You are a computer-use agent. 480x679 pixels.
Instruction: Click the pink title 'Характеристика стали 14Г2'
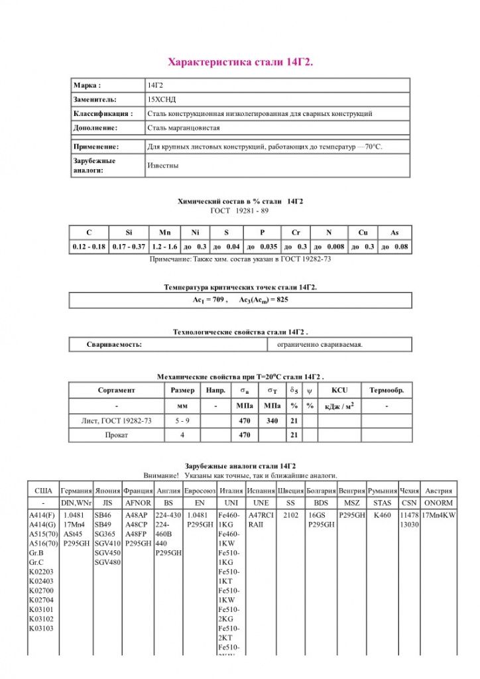240,62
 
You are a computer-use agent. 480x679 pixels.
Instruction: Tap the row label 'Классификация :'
103,113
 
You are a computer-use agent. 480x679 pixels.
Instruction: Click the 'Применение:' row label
96,147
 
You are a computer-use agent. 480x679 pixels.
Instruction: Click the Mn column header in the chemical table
164,233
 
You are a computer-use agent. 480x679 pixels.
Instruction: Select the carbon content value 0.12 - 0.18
89,247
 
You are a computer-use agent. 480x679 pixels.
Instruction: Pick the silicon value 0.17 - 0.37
129,247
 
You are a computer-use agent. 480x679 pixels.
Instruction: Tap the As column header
394,233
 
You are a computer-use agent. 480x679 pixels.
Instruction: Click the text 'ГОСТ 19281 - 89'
240,210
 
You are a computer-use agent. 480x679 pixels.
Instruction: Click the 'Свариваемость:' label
114,345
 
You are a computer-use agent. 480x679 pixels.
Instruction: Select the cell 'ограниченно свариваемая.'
320,345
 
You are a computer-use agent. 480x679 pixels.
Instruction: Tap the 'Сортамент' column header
116,390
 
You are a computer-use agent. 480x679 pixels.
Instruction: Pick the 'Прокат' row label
116,435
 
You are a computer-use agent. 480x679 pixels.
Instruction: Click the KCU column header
339,390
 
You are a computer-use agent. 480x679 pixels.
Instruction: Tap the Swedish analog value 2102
290,515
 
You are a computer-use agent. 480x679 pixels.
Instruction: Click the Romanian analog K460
382,515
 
